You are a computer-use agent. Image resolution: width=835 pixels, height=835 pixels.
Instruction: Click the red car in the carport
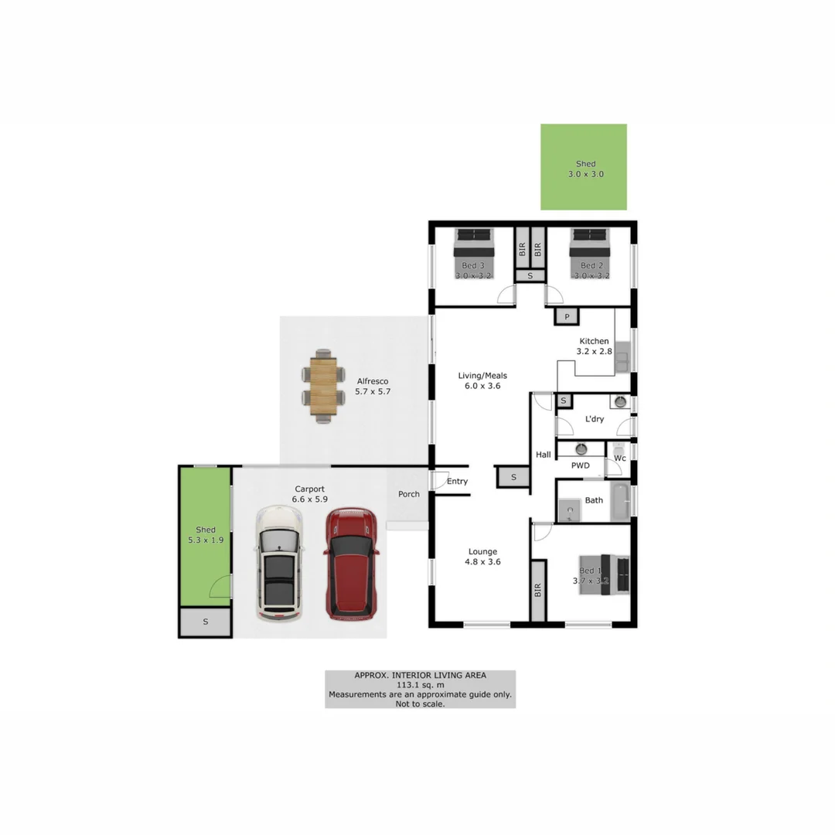pos(352,564)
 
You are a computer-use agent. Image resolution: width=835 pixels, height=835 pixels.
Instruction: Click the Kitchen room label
pos(594,341)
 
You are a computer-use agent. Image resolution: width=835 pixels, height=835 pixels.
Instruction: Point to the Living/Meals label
pos(482,376)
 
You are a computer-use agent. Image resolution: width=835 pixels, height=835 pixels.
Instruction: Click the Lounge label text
pos(482,552)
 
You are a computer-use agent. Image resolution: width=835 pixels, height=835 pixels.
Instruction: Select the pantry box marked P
pos(567,317)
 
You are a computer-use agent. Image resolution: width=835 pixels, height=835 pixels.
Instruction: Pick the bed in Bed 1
pos(606,574)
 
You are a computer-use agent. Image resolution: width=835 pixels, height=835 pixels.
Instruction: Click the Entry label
pos(457,482)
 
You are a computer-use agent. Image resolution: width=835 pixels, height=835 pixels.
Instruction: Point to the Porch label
pos(409,494)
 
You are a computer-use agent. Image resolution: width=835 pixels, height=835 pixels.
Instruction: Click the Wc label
pos(619,458)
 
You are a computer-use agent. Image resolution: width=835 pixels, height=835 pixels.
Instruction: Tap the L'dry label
pos(594,419)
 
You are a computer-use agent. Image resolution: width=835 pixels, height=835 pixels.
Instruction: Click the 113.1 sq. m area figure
pos(420,685)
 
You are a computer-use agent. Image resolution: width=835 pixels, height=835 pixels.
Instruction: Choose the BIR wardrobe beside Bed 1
pos(538,591)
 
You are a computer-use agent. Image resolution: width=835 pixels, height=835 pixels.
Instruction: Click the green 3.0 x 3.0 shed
pos(584,167)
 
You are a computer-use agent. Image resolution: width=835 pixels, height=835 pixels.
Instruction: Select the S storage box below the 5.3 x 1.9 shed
pos(205,622)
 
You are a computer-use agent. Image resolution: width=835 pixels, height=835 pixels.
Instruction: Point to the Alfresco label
pos(372,381)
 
